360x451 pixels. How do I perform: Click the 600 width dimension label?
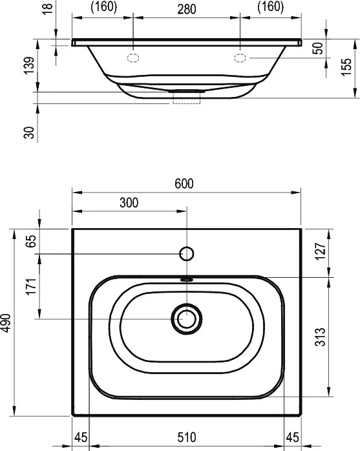pos(184,184)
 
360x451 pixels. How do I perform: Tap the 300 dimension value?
pos(129,203)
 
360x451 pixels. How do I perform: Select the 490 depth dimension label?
pos(5,323)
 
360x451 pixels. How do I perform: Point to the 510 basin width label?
pos(187,437)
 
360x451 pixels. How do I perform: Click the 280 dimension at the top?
pos(187,10)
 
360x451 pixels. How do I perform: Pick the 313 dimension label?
pos(321,337)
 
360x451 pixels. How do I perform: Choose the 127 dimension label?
pos(321,251)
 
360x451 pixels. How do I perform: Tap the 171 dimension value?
pos(31,286)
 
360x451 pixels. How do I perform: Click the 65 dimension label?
pos(31,241)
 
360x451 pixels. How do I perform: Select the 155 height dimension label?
pos(347,67)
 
